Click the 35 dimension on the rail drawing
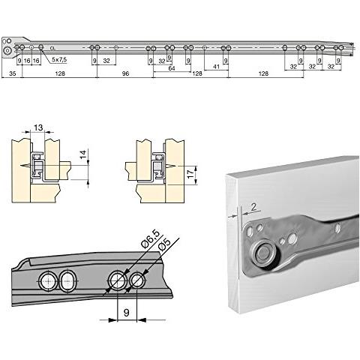13,75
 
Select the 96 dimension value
124,75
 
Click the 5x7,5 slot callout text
59,59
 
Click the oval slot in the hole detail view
67,281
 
